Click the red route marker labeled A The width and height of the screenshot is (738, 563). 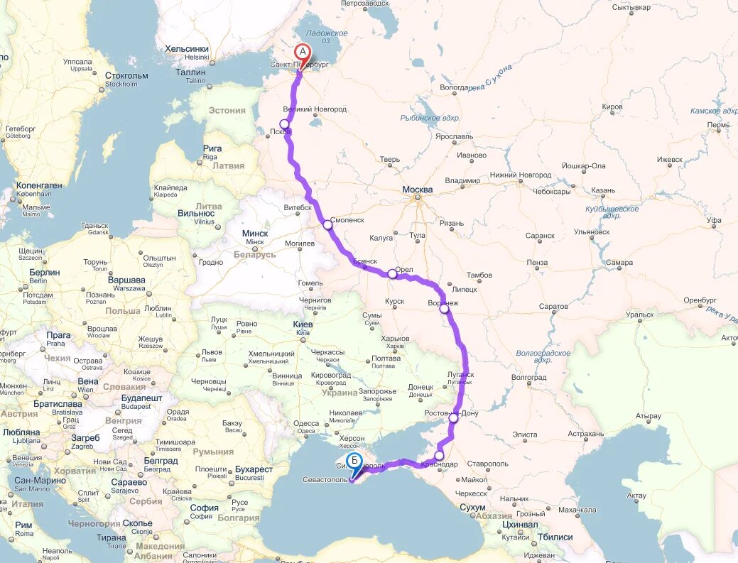click(303, 53)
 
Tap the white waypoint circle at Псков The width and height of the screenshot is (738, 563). click(285, 124)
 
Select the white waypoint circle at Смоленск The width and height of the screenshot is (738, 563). click(327, 224)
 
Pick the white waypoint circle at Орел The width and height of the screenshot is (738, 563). click(392, 273)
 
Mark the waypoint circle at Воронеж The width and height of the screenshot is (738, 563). click(444, 308)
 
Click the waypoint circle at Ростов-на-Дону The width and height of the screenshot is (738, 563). click(453, 418)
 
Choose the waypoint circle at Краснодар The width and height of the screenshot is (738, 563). click(439, 456)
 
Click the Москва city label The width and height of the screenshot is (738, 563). click(417, 190)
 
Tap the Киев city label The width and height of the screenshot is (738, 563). click(303, 324)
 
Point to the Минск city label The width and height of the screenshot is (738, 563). click(254, 234)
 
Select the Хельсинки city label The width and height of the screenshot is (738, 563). click(187, 49)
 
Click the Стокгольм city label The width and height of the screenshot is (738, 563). click(126, 75)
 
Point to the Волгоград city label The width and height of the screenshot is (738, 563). click(528, 378)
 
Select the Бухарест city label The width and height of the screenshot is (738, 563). click(254, 469)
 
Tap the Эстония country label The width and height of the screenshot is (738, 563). click(227, 110)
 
